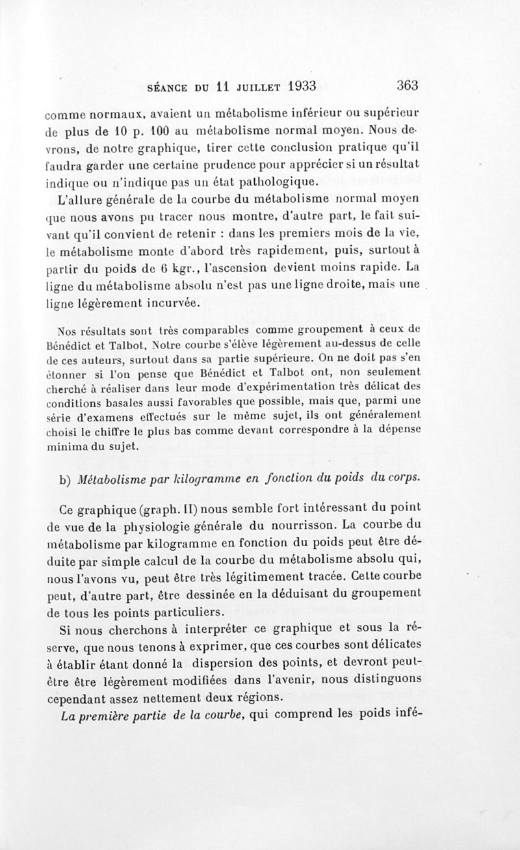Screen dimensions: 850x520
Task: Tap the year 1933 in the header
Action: tap(298, 85)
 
